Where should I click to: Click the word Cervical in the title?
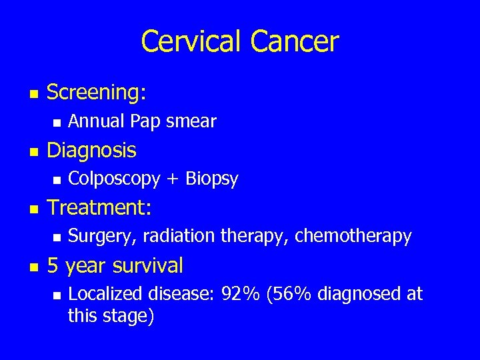tap(192, 41)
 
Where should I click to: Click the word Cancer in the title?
tap(295, 41)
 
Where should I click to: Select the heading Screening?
tap(96, 93)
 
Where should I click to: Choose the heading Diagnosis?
tap(91, 150)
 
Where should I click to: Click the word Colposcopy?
tap(114, 179)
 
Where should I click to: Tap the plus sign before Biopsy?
tap(173, 179)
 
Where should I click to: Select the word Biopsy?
tap(211, 179)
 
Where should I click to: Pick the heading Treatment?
tap(99, 207)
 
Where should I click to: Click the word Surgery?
tap(97, 236)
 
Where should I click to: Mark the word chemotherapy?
tap(353, 236)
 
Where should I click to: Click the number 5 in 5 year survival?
tap(52, 265)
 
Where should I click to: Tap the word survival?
tap(147, 265)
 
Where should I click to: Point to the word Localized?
tap(101, 294)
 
